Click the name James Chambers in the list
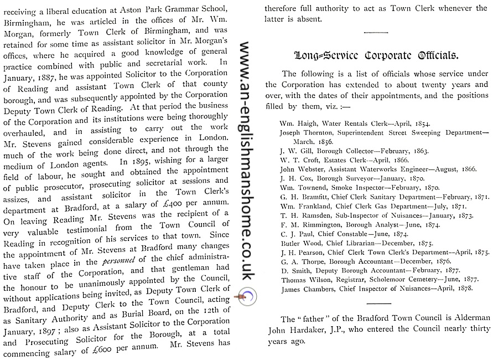coord(304,289)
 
